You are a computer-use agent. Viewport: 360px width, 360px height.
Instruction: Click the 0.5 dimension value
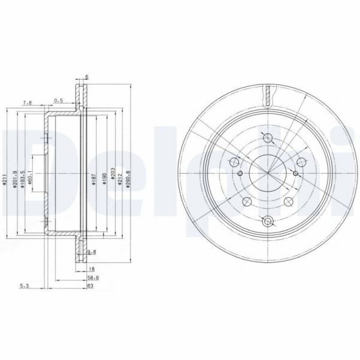tap(59, 99)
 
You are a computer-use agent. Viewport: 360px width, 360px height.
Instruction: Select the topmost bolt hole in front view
tap(267, 139)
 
